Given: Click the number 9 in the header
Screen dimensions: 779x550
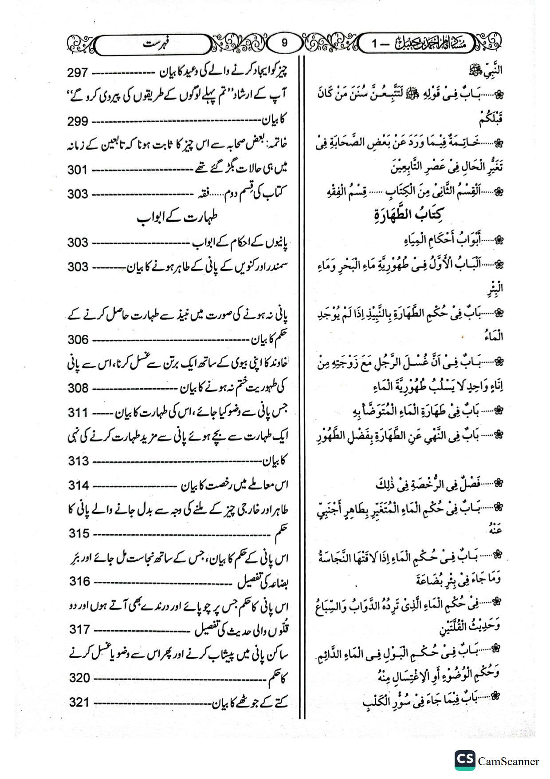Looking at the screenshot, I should (x=284, y=43).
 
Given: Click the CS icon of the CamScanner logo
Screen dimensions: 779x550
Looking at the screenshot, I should (x=464, y=760).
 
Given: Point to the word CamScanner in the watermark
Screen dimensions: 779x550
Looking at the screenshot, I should (x=508, y=762).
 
